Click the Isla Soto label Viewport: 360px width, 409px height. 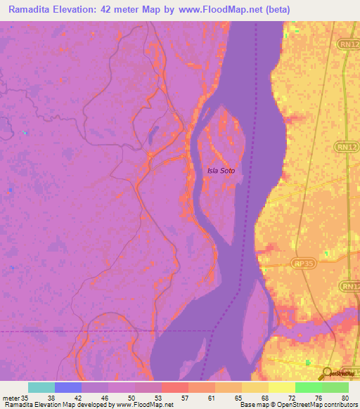[220, 170]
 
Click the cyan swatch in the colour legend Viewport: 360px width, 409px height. [41, 387]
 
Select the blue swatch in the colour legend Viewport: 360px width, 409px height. [68, 387]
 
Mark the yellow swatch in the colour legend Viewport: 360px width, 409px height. [282, 387]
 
